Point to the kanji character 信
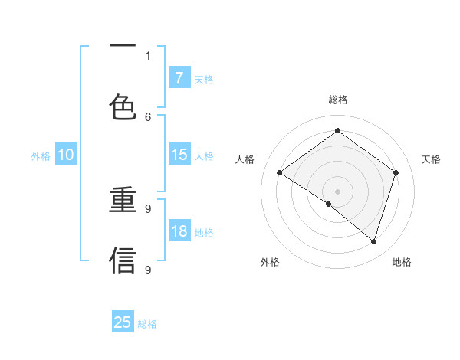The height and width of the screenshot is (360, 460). coord(123,260)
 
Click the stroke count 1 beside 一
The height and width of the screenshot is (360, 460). coord(148,55)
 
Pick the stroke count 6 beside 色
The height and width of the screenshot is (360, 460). coord(148,116)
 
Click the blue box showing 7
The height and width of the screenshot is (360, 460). coord(179,77)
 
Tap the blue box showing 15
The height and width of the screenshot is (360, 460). coord(179,155)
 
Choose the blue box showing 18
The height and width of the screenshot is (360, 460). coord(179,231)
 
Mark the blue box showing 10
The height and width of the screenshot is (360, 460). coord(66,155)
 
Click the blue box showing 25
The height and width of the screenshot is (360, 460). coord(123,322)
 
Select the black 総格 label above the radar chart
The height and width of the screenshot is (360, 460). coord(338,100)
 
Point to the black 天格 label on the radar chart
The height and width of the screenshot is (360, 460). coord(432,159)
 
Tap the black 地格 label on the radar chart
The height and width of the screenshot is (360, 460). coord(402,262)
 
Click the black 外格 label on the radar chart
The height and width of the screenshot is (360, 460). coord(270,262)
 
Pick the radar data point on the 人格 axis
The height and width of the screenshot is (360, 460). coord(280,173)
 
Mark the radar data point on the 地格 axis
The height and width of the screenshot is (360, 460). coord(373,241)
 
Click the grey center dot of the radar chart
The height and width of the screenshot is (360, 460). coord(338,191)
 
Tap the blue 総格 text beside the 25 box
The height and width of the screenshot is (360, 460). coord(148,324)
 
